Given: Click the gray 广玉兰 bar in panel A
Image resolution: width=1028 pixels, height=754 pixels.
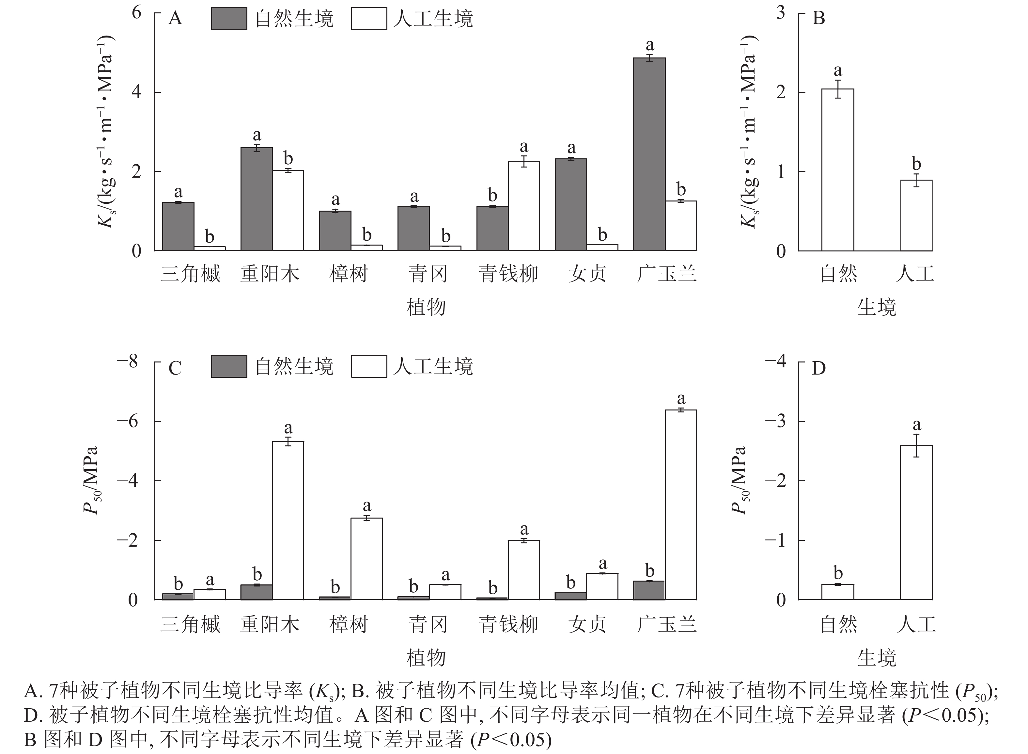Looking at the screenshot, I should pos(649,154).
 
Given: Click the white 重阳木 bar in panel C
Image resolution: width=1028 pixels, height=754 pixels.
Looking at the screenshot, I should pos(288,520).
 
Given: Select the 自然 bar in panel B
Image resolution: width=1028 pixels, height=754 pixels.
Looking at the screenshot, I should pos(837,170).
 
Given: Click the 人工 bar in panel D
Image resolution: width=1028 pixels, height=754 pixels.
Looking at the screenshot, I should pos(916,522).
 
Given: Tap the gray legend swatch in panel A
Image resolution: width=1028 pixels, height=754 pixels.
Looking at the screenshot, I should pos(229,19).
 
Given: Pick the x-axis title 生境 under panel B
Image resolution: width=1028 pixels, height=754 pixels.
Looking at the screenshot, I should pos(877,307).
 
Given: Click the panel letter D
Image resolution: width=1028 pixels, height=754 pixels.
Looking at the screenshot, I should pos(819,368).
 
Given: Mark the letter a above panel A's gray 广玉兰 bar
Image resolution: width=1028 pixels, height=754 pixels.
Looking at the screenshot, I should pos(649,45).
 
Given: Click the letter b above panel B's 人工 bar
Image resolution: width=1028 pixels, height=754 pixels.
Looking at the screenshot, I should pos(916,163).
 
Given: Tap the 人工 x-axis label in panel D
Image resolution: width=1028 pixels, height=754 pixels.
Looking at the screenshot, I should pos(916,624).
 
